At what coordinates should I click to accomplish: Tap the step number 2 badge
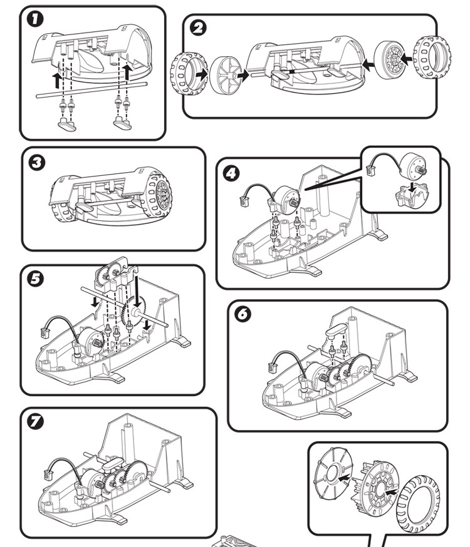click(x=200, y=28)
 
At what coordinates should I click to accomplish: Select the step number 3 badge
click(x=38, y=163)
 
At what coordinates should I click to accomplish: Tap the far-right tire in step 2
click(x=431, y=58)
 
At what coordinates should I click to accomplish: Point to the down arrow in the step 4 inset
click(x=410, y=186)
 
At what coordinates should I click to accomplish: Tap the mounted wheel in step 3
click(x=157, y=193)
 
